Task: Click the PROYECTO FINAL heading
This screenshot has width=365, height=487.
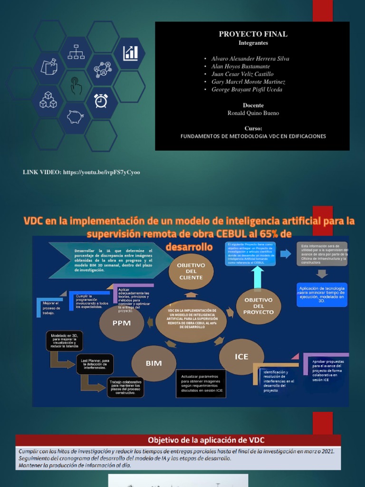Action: click(x=253, y=34)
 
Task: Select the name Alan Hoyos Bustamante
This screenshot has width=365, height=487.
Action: click(x=241, y=67)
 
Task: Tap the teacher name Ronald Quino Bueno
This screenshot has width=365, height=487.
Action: click(x=253, y=113)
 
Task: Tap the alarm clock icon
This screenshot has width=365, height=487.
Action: click(x=101, y=100)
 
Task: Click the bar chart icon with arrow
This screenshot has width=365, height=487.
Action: click(x=130, y=53)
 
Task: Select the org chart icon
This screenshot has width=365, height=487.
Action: click(x=76, y=51)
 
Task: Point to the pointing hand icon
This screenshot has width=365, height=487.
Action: click(x=76, y=86)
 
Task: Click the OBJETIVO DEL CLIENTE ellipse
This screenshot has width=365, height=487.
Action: click(x=191, y=271)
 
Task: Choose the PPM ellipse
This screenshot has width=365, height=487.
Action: click(x=121, y=323)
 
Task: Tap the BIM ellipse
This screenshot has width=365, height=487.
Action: click(x=154, y=363)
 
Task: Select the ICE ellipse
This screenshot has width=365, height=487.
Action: click(x=241, y=357)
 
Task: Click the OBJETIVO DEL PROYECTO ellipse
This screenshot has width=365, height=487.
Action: click(x=258, y=306)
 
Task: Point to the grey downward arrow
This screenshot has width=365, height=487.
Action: click(x=322, y=273)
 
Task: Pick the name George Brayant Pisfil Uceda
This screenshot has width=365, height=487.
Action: click(x=246, y=89)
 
